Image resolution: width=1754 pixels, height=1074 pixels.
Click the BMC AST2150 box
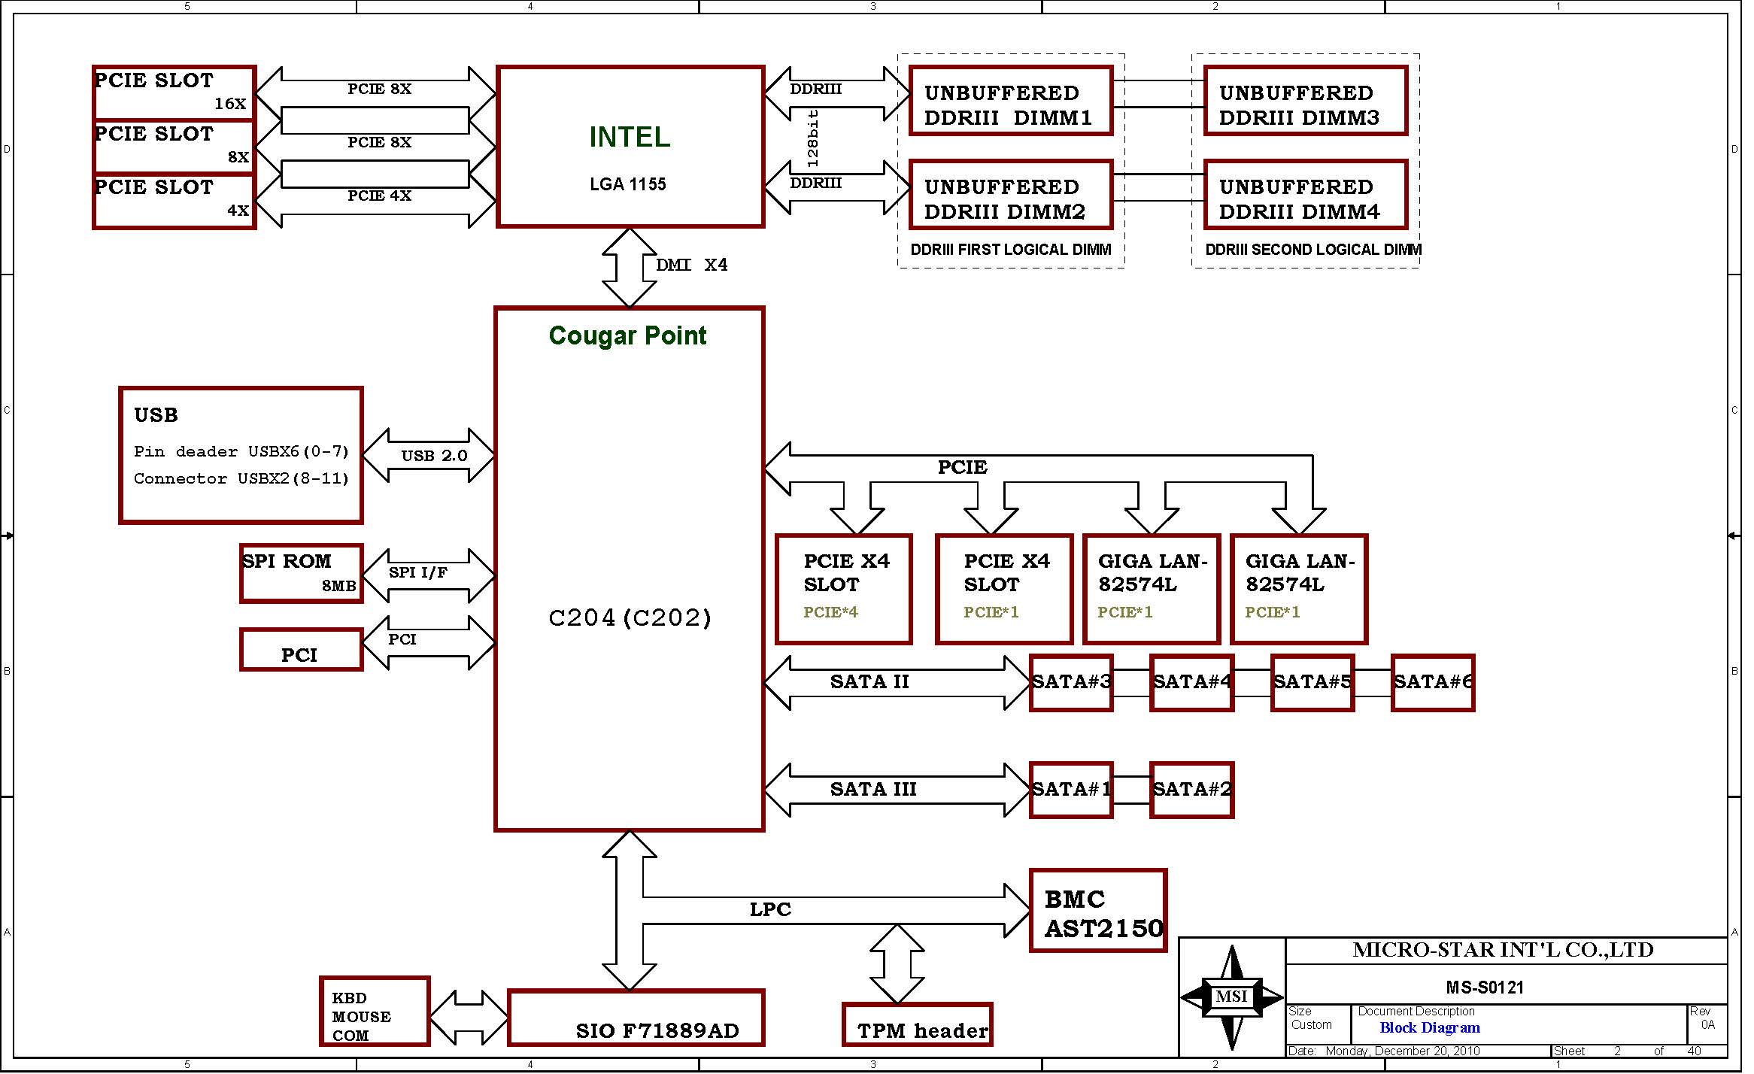[1097, 911]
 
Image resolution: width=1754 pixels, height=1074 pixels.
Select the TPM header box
[917, 1024]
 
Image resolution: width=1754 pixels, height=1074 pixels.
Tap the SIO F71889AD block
[636, 1018]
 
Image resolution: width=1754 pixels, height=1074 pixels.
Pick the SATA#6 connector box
[1433, 683]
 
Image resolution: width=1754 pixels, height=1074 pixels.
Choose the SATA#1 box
[1070, 790]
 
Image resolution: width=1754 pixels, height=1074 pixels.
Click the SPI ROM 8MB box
[301, 574]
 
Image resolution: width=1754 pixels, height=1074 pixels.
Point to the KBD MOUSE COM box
[375, 1012]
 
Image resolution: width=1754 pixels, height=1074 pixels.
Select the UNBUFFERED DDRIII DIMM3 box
[1305, 102]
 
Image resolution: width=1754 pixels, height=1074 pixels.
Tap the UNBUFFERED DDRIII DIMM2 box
[1010, 195]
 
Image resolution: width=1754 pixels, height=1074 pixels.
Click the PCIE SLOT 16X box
[174, 93]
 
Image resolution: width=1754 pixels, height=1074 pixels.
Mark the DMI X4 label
[691, 265]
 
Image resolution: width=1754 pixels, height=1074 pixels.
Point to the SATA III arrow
[895, 790]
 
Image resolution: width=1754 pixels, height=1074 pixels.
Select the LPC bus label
[770, 909]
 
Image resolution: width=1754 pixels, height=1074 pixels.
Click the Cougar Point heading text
[627, 335]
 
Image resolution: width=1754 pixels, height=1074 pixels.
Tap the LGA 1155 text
[628, 184]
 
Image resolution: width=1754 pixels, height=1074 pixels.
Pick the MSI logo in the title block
[1231, 997]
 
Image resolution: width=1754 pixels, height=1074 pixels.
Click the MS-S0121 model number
[1484, 988]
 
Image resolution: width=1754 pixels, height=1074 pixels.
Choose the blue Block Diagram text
[1430, 1028]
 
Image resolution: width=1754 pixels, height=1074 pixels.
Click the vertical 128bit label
[812, 138]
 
